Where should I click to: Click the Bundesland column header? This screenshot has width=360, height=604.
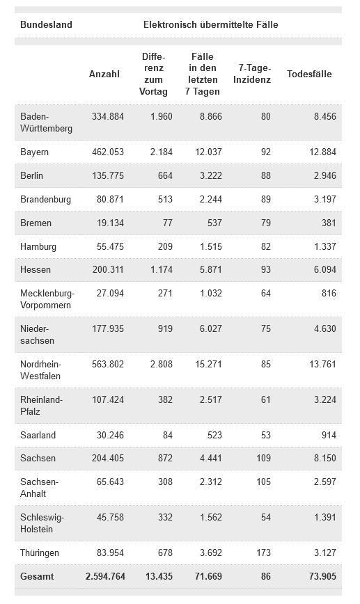[x=46, y=24]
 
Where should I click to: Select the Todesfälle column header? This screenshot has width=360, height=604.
[x=309, y=74]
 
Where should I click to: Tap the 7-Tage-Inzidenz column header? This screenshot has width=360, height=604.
[x=252, y=74]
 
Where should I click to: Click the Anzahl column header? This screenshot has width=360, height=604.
[x=104, y=74]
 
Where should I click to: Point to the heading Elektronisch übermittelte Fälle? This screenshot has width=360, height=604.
[x=211, y=24]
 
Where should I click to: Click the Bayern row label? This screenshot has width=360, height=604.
[x=34, y=152]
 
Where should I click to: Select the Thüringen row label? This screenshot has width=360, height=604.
[x=39, y=553]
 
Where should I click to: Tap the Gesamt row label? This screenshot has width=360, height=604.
[x=37, y=577]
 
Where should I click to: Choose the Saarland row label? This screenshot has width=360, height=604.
[x=38, y=436]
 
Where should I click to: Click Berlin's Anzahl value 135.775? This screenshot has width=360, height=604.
[x=108, y=175]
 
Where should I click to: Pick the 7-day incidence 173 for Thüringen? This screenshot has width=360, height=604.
[x=263, y=553]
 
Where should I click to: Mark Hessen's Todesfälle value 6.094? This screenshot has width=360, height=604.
[x=325, y=270]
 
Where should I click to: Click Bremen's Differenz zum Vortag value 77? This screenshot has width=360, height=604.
[x=168, y=223]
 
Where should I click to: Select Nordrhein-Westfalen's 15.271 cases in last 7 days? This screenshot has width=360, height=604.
[x=208, y=365]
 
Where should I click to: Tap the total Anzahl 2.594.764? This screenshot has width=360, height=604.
[x=105, y=577]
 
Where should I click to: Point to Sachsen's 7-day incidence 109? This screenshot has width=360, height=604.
[x=263, y=459]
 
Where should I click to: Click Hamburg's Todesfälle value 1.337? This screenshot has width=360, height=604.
[x=325, y=246]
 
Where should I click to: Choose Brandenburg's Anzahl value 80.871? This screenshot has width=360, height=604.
[x=110, y=200]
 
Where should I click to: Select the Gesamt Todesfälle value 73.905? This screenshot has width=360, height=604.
[x=322, y=577]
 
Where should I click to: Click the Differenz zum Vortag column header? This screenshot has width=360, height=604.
[x=153, y=74]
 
